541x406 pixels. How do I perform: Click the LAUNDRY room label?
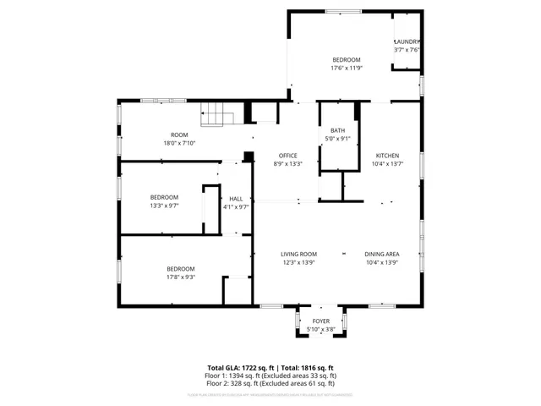[407, 41]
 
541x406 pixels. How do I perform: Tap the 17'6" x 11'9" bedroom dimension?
[346, 68]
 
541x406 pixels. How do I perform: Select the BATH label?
[337, 130]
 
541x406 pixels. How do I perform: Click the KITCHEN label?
[388, 156]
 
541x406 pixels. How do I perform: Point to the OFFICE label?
[289, 156]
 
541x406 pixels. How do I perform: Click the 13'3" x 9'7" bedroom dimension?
[164, 206]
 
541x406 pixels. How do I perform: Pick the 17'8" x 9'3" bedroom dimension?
[181, 276]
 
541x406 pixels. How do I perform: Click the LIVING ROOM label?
[298, 254]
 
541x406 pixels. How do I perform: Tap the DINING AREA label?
[382, 254]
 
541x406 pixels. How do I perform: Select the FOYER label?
[321, 321]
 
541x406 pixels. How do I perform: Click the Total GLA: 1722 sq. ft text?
[239, 367]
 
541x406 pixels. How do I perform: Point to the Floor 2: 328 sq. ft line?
[270, 382]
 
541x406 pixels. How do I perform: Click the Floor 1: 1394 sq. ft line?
[270, 375]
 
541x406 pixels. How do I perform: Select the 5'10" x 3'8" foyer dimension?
[321, 328]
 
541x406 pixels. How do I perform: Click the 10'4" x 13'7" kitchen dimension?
[388, 163]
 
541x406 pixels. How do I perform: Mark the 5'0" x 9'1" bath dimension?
[337, 138]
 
